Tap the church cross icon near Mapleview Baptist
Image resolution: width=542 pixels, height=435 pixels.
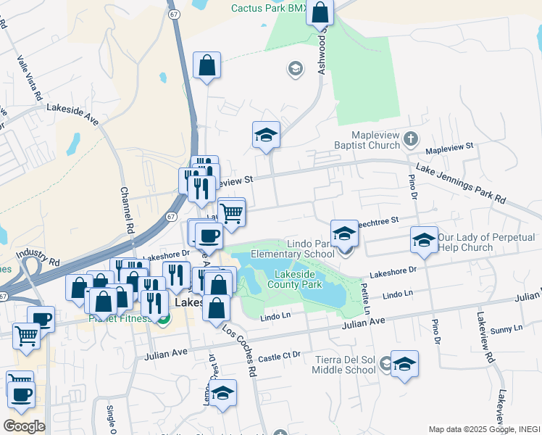411,137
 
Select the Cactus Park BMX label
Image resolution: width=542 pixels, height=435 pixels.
266,9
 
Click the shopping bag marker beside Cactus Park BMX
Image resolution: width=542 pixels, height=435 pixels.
320,12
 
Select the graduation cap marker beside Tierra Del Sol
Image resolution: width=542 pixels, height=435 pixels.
404,365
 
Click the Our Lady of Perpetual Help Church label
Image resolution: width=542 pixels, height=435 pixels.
486,242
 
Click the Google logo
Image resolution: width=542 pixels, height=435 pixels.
24,426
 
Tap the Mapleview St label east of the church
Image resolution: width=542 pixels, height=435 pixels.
449,146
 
